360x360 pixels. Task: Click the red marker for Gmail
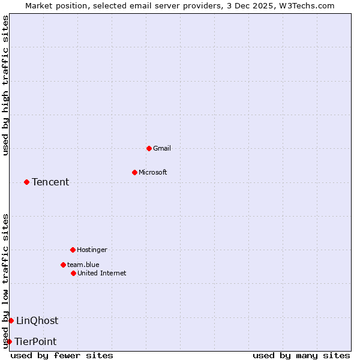tap(149, 148)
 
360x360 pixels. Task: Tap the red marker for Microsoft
tap(134, 172)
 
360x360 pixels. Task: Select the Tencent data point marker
tap(26, 182)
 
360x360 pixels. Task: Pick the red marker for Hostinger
tap(73, 250)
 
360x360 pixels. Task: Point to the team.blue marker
tap(63, 265)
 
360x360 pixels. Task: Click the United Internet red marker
tap(73, 273)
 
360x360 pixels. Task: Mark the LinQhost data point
tap(11, 320)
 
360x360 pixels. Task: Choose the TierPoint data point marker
tap(9, 341)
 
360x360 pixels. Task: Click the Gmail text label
tap(162, 148)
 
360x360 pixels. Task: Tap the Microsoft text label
tap(153, 172)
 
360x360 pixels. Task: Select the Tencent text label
tap(50, 182)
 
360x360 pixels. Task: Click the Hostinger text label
tap(92, 250)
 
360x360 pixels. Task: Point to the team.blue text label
tap(83, 265)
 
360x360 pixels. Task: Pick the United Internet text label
tap(102, 273)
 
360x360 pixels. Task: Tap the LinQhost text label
tap(37, 320)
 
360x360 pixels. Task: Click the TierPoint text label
tap(35, 341)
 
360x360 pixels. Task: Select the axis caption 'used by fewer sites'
tap(62, 355)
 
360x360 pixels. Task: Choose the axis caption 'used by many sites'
tap(301, 355)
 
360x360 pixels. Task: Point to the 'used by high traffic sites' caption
tap(5, 85)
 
